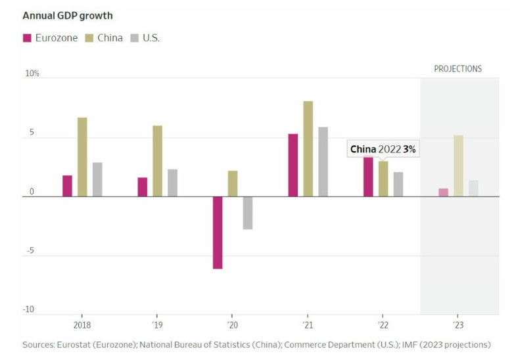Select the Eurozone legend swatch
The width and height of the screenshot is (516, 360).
point(28,38)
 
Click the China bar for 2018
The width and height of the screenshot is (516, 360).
point(82,157)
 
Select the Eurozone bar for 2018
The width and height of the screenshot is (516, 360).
point(67,186)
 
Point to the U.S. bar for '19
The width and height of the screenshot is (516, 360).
point(172,183)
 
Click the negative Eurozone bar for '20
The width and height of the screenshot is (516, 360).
point(218,233)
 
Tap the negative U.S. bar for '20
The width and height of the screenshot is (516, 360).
point(248,213)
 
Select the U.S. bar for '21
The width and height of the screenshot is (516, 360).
point(323,162)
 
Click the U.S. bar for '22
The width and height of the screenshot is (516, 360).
point(398,184)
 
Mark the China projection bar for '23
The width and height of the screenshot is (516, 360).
point(458,166)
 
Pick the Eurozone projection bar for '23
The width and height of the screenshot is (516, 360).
point(443,192)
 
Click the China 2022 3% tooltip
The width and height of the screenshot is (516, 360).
point(383,149)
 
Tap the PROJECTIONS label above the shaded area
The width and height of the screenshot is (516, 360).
point(458,69)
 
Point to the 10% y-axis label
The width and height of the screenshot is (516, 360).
point(32,74)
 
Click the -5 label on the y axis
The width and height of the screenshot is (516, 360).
point(30,250)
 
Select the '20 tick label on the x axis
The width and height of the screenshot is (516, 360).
point(232,325)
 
